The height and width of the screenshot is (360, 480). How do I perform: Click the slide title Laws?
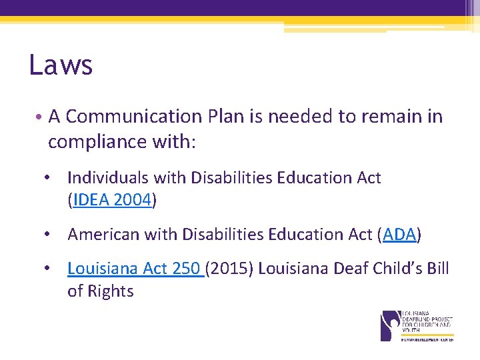pyautogui.click(x=61, y=65)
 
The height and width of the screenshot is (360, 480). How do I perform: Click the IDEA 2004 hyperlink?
pyautogui.click(x=113, y=201)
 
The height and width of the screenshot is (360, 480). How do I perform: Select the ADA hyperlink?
pyautogui.click(x=399, y=235)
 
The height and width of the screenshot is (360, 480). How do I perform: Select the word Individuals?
pyautogui.click(x=108, y=178)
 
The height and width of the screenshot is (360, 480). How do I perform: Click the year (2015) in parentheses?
pyautogui.click(x=229, y=269)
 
